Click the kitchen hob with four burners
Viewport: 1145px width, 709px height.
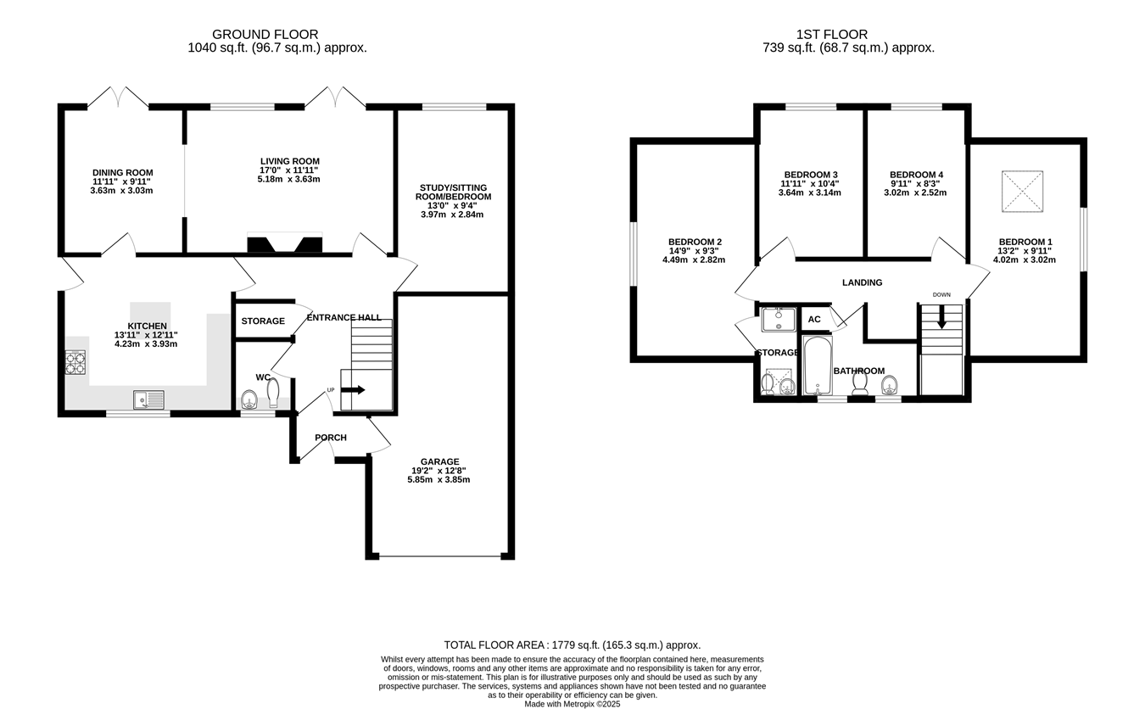(x=75, y=362)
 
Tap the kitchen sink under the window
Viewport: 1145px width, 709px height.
(x=148, y=399)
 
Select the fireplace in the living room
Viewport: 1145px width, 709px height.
(x=285, y=243)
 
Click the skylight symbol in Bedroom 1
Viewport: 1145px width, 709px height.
(x=1022, y=191)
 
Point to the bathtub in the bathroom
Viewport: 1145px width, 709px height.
(x=818, y=365)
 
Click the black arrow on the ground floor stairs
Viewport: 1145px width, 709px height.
(x=353, y=390)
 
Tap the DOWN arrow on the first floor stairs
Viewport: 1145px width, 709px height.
(x=941, y=317)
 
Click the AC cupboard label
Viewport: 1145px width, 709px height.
(x=814, y=320)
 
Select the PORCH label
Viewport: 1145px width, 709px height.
(x=331, y=438)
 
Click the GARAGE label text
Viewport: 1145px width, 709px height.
(x=439, y=461)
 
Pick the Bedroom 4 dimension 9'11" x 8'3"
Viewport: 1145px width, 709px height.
(x=915, y=183)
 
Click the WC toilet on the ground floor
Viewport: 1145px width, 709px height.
(x=273, y=392)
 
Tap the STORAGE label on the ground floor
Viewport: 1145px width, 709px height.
(x=263, y=321)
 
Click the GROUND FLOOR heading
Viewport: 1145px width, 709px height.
(x=265, y=34)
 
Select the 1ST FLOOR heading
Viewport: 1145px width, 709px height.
(x=832, y=34)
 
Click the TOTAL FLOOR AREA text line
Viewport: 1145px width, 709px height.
(x=572, y=645)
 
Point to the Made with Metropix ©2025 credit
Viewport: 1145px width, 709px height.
(x=572, y=704)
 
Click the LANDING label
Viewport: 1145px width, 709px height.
(x=863, y=282)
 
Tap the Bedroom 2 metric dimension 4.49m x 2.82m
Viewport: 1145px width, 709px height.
(x=694, y=260)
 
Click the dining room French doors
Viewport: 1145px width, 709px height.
(x=118, y=98)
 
